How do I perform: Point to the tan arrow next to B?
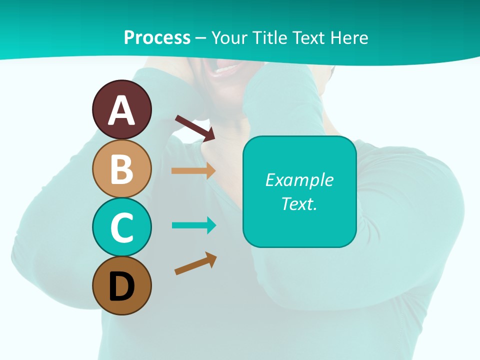tap(193, 170)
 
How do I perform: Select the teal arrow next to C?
tap(194, 225)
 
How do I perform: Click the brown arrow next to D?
tap(195, 263)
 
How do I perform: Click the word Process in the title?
tap(157, 37)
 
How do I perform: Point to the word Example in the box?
tap(299, 180)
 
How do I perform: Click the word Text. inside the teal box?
tap(299, 203)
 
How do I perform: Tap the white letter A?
tap(121, 111)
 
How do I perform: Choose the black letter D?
tap(121, 287)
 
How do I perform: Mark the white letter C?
tap(121, 228)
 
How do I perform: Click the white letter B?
tap(121, 169)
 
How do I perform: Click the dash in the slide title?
tap(200, 38)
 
